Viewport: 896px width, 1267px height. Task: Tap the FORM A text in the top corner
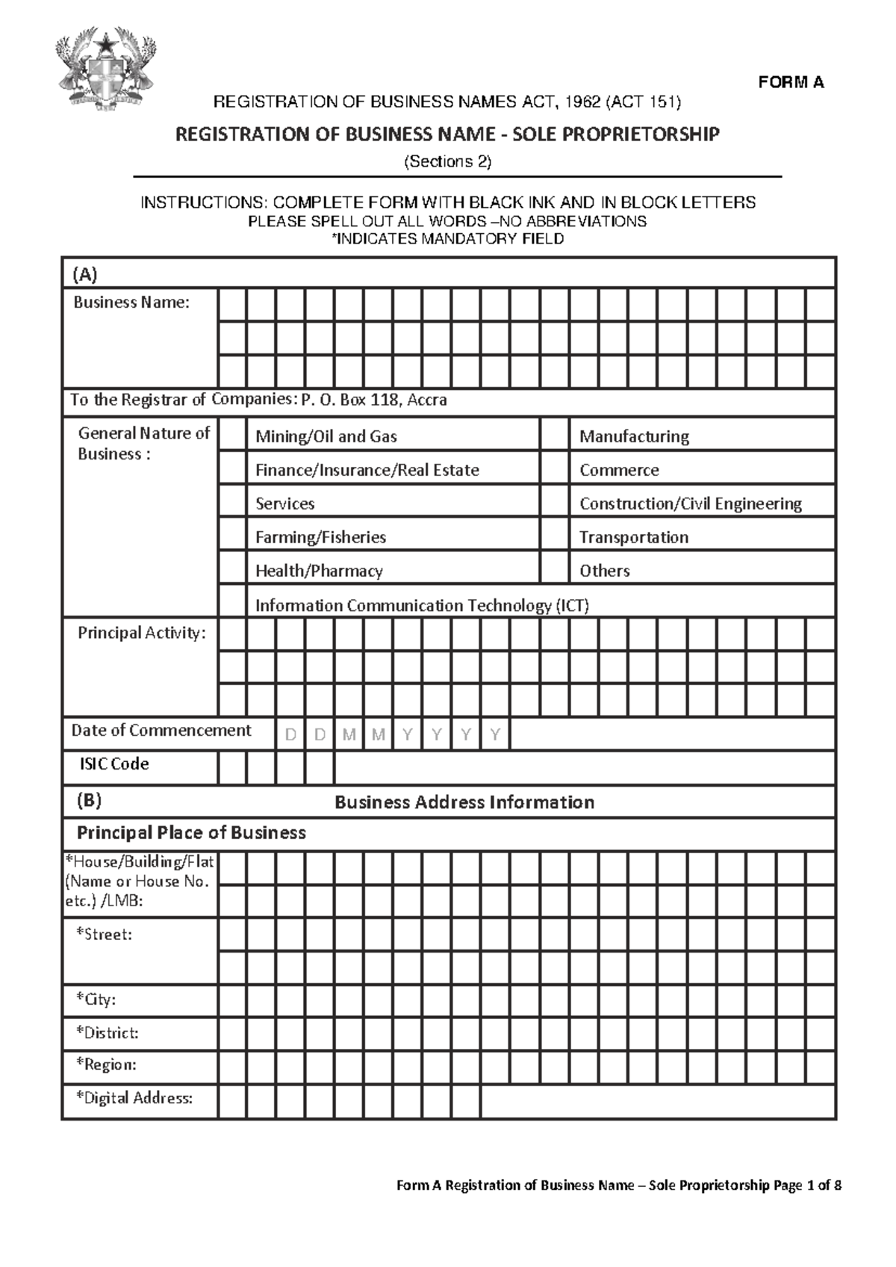(790, 83)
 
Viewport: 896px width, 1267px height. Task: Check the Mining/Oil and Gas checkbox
(233, 435)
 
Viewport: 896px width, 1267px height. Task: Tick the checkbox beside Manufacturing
(555, 435)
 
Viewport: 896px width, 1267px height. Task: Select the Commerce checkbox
(555, 468)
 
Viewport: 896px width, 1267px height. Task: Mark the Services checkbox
(233, 502)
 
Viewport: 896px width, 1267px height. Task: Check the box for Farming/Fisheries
(233, 536)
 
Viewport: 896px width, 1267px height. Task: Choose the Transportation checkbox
(555, 536)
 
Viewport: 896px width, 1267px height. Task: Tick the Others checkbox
(555, 569)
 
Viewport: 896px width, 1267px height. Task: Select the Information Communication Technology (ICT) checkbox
(233, 602)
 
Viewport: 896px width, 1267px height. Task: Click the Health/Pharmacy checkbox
(233, 569)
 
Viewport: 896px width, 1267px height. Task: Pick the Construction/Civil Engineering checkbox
(555, 502)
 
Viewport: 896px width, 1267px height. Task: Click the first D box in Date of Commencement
(290, 735)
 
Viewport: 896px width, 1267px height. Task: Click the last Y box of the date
(495, 735)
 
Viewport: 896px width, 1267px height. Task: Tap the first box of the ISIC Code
(233, 768)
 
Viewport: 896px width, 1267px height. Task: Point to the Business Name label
(131, 303)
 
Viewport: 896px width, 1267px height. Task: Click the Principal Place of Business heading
(191, 833)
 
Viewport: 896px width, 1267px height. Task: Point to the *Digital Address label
(134, 1098)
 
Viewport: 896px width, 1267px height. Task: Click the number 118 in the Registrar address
(385, 400)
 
